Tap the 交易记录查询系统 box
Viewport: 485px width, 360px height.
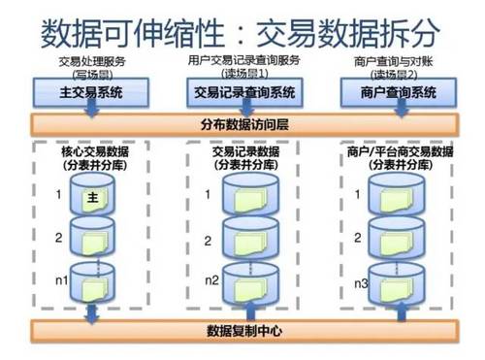(244, 94)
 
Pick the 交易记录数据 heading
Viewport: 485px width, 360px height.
(244, 152)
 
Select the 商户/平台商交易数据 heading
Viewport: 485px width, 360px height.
(400, 152)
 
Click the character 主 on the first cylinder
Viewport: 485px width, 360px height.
(93, 198)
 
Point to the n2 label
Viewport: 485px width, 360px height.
(211, 280)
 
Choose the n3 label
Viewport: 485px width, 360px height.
(360, 282)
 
